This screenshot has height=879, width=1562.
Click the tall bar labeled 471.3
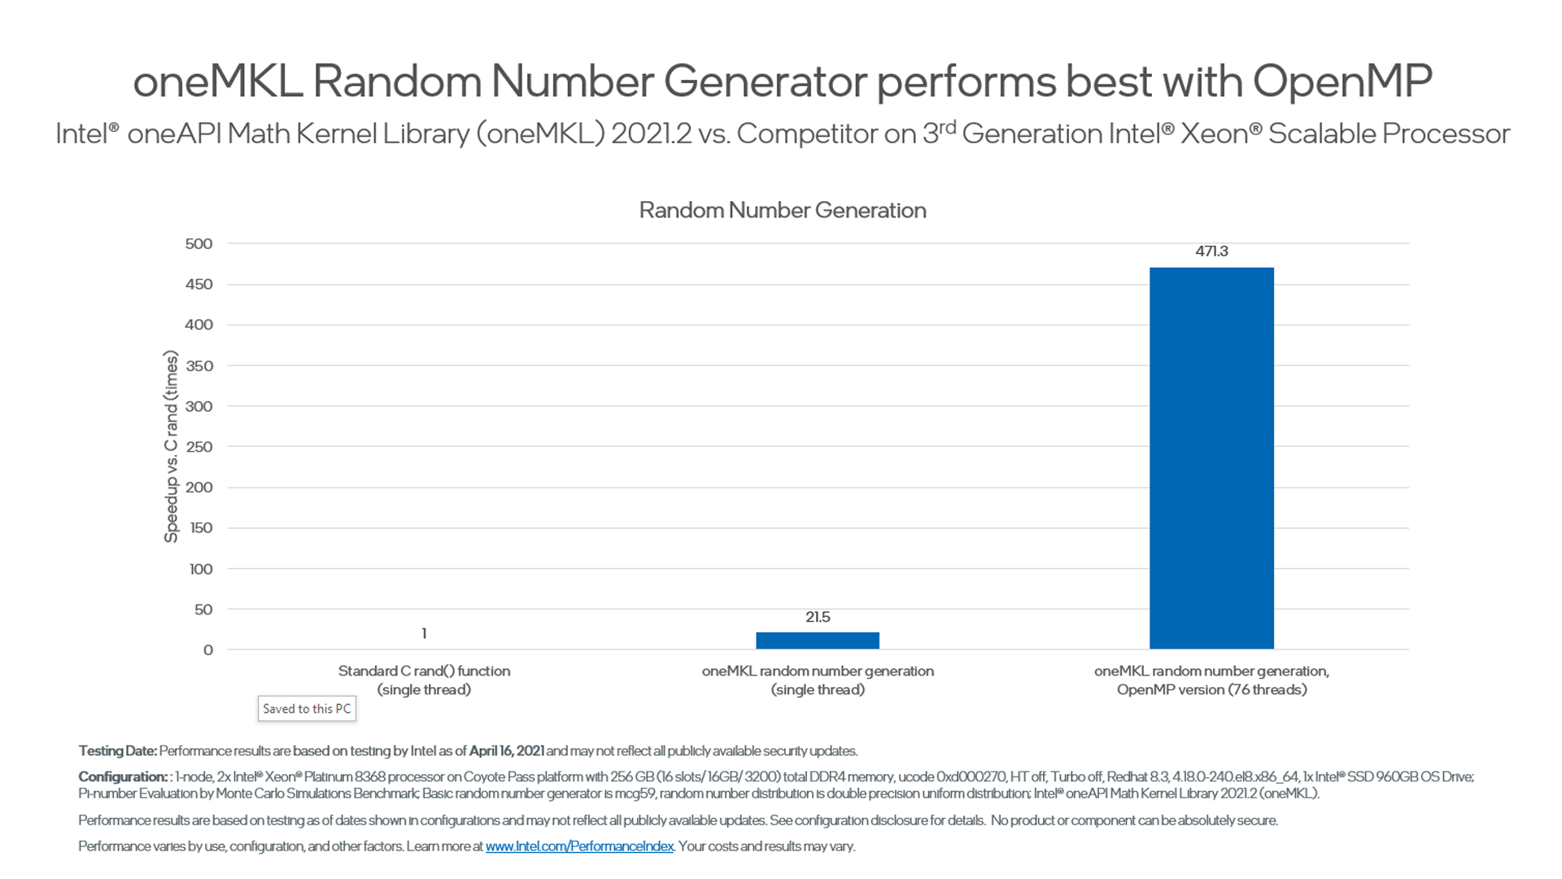tap(1211, 457)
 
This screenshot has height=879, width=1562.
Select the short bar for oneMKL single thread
tap(818, 641)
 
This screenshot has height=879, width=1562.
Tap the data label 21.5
tap(818, 617)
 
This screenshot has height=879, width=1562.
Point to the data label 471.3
tap(1211, 251)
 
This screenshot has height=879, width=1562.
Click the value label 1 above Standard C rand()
tap(424, 633)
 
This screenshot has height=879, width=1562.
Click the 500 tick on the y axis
tap(199, 244)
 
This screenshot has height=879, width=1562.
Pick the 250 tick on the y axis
tap(199, 447)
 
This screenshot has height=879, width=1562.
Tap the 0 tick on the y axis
tap(208, 649)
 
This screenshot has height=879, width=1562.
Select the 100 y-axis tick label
tap(200, 569)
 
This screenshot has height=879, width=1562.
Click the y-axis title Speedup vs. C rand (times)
tap(171, 447)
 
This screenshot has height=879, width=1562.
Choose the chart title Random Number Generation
tap(782, 210)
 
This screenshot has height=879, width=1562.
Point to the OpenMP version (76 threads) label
tap(1211, 690)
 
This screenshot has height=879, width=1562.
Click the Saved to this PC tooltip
tap(307, 709)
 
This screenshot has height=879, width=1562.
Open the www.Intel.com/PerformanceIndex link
tap(579, 846)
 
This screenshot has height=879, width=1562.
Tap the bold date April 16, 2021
tap(506, 750)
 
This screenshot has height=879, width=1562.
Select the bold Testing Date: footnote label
tap(117, 750)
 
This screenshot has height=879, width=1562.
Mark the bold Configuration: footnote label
tap(122, 776)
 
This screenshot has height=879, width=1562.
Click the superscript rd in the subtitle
tap(947, 127)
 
